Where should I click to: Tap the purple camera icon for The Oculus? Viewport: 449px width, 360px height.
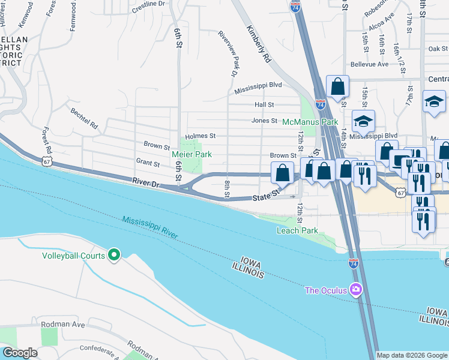pyautogui.click(x=356, y=290)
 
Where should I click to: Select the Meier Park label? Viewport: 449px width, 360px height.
pyautogui.click(x=191, y=154)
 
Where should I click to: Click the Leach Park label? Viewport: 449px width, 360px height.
pyautogui.click(x=297, y=230)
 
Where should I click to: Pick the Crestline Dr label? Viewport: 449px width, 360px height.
pyautogui.click(x=148, y=4)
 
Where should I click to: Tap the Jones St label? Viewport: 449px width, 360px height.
pyautogui.click(x=264, y=121)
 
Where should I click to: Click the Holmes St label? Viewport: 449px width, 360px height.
pyautogui.click(x=200, y=136)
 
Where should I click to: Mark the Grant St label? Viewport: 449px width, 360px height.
pyautogui.click(x=148, y=163)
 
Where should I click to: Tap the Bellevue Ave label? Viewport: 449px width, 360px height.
pyautogui.click(x=370, y=64)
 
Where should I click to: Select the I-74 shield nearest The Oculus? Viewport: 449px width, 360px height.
pyautogui.click(x=354, y=263)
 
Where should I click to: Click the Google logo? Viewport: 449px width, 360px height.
pyautogui.click(x=20, y=353)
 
